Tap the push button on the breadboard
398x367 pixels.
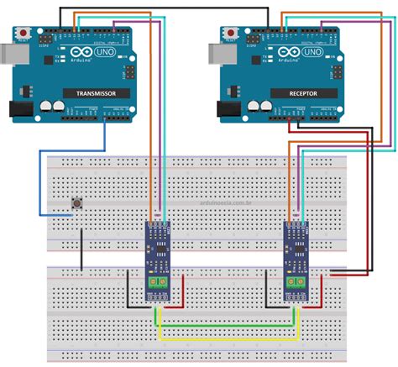[76, 202]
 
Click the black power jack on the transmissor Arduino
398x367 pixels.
[18, 110]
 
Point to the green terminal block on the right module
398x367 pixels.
[295, 284]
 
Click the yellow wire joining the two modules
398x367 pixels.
[227, 339]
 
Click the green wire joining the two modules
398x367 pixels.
[227, 324]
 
